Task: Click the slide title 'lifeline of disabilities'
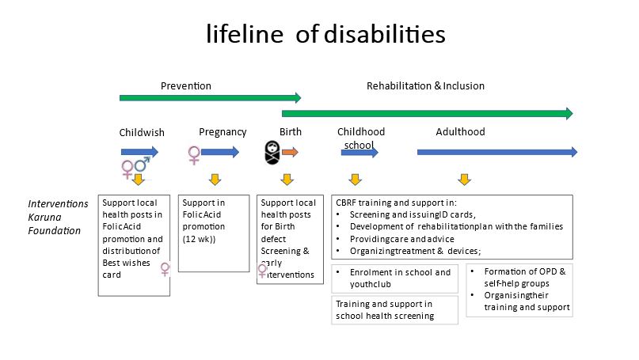325,34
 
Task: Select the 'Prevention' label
186,86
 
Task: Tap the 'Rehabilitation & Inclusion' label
425,86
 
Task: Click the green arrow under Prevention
211,98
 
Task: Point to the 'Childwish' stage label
142,132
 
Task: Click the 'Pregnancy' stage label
223,132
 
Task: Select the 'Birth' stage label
291,132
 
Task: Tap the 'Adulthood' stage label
461,132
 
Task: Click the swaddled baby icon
272,153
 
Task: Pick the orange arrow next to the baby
290,152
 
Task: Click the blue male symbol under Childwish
143,164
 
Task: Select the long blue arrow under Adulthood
497,152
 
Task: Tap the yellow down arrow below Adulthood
465,180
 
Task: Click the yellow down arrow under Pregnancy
215,180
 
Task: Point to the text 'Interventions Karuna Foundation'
58,217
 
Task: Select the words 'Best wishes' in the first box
127,263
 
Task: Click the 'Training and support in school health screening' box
394,310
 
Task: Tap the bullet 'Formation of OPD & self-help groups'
519,278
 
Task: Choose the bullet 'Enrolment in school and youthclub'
394,279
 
